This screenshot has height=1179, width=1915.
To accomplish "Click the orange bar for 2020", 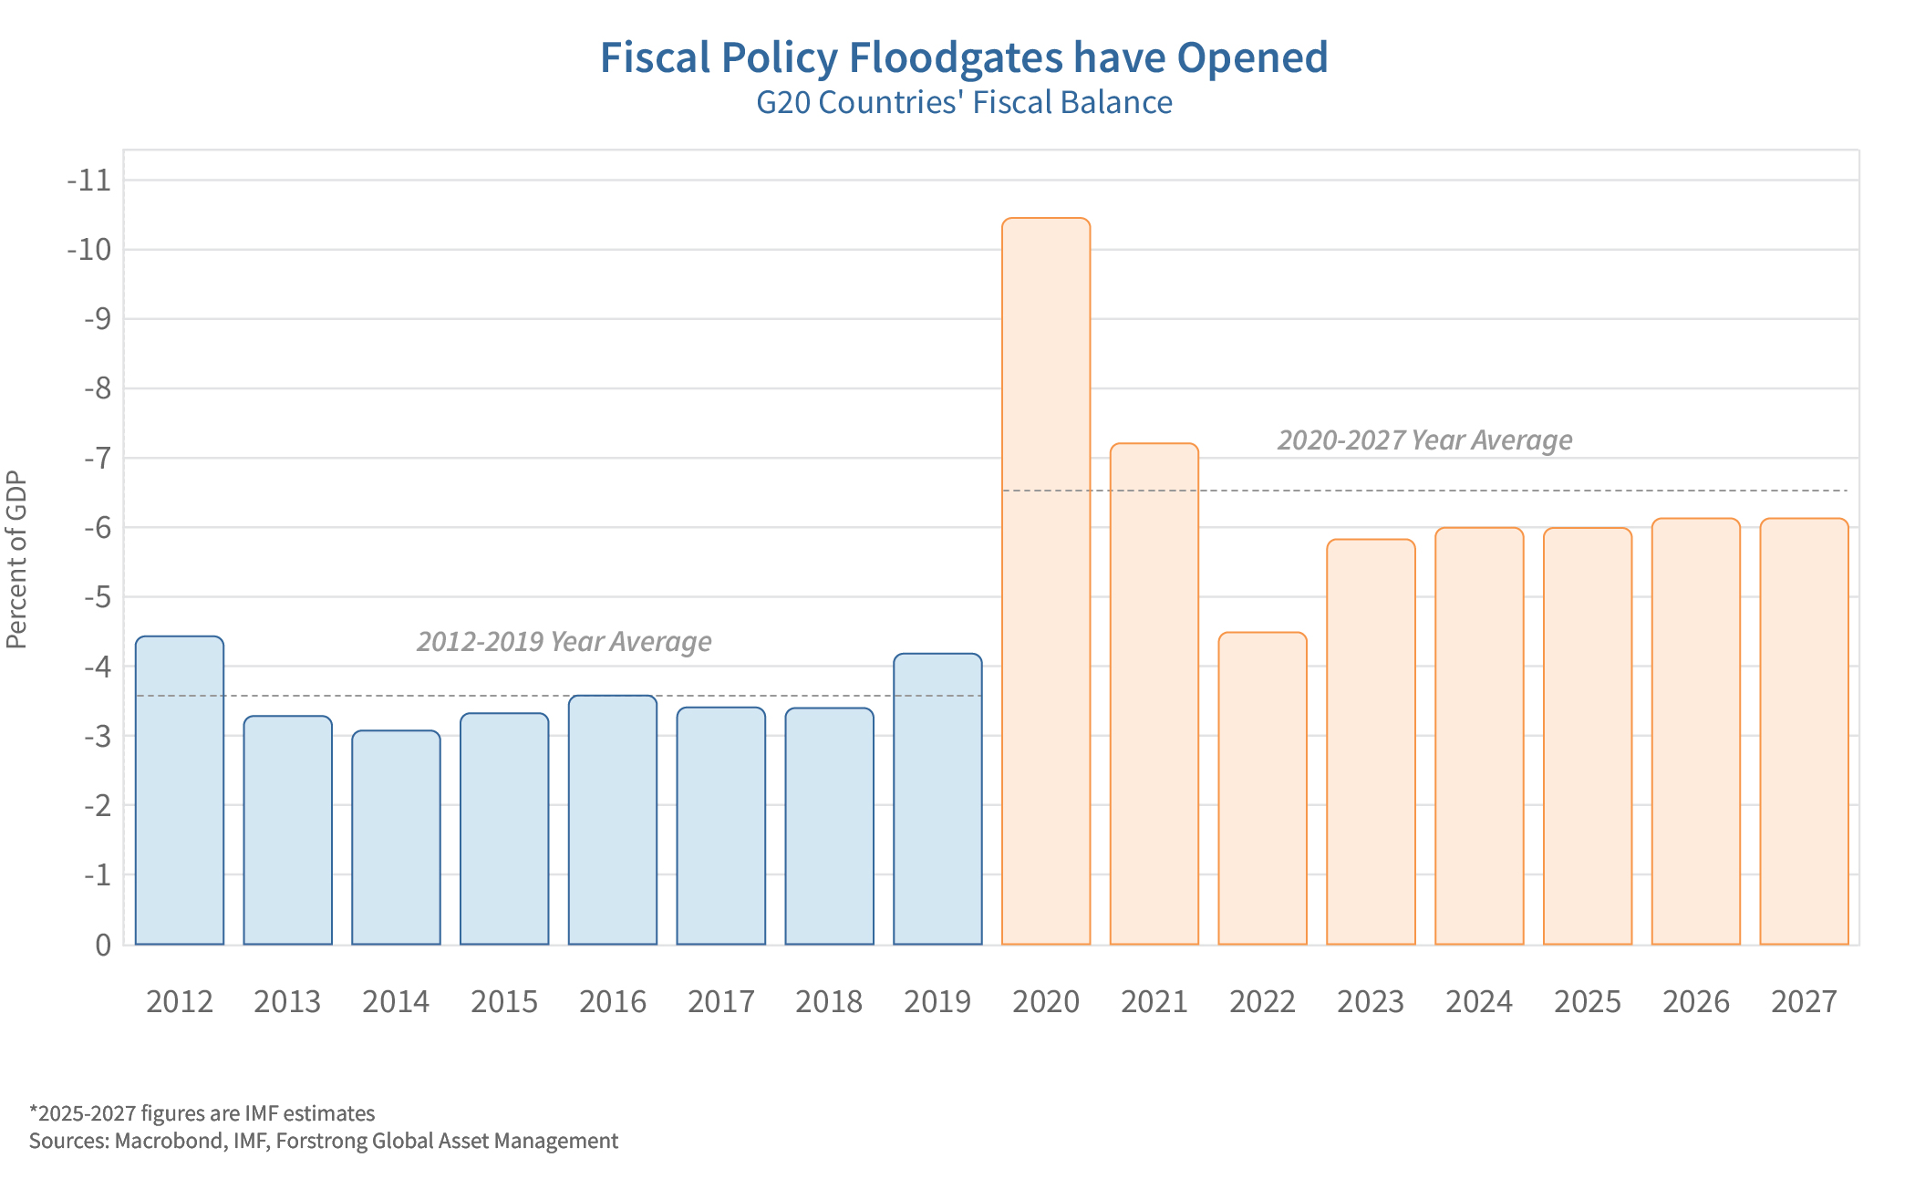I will [x=1045, y=584].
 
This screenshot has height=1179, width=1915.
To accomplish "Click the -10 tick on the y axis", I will [x=88, y=250].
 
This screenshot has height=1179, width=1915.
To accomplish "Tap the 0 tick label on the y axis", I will [x=103, y=945].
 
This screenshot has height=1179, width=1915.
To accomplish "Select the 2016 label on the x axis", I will [x=613, y=1002].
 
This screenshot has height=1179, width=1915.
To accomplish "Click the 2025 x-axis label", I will [x=1588, y=1002].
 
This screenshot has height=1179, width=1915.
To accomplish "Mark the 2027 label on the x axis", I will [x=1804, y=1002].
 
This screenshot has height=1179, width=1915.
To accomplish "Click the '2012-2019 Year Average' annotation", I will [x=564, y=642].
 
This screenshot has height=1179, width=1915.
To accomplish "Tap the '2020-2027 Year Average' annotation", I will [x=1424, y=440].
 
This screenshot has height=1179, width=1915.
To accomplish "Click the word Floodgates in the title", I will [x=956, y=57].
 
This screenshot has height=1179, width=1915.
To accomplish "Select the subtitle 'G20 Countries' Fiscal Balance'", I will [x=964, y=102].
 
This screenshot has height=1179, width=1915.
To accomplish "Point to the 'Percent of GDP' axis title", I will [x=16, y=560].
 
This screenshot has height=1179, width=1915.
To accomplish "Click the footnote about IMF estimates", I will [x=202, y=1113].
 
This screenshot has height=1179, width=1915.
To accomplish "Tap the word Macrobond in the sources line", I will [x=170, y=1142].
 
